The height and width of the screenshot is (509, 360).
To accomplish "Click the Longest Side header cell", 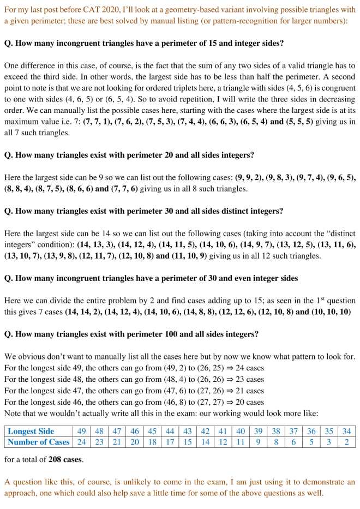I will tap(31, 431).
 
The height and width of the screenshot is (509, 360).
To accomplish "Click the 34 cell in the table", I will tap(347, 431).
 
